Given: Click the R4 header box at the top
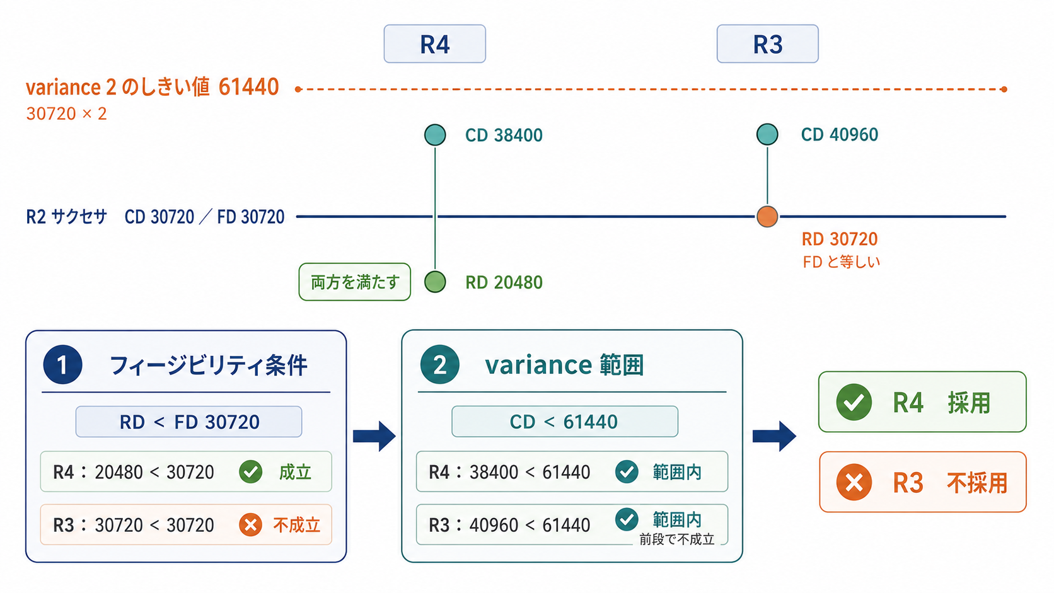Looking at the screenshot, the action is (434, 43).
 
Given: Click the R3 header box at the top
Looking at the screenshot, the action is (767, 43).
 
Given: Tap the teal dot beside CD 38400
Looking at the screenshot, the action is (435, 135).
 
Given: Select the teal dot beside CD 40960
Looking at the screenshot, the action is (767, 134).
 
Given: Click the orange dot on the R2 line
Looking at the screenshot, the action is (767, 216).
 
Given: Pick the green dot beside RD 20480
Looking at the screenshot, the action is (435, 282).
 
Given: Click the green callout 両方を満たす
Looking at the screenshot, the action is (355, 282).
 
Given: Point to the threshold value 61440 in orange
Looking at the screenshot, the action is (248, 87).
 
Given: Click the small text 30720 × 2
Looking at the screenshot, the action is (66, 114).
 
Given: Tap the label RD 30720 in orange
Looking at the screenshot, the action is (840, 239).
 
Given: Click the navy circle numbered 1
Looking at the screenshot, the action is (62, 364).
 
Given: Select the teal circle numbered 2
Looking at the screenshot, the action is (439, 364).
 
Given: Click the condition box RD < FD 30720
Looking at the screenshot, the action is (188, 422).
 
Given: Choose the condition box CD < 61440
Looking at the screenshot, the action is (565, 422).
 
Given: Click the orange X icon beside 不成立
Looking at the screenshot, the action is (250, 525).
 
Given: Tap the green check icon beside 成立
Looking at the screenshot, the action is (250, 471).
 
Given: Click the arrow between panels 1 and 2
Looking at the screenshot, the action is (374, 437).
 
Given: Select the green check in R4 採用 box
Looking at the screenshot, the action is (854, 402).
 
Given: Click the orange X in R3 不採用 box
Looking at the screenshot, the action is (854, 483).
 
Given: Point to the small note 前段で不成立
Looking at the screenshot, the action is (676, 539).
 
